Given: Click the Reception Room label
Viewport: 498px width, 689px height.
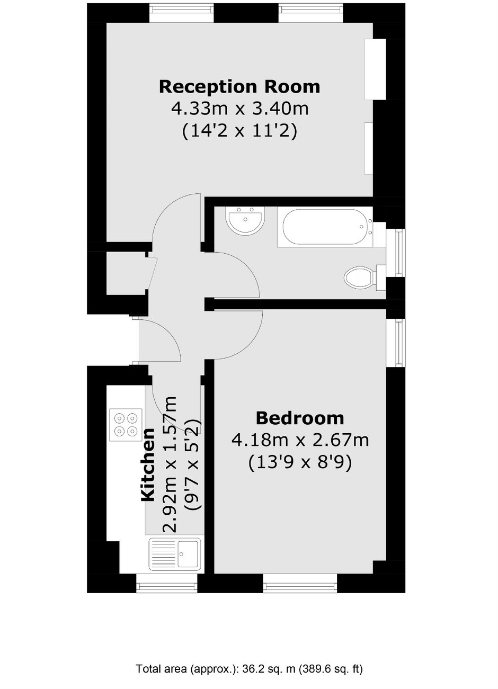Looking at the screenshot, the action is [x=239, y=87].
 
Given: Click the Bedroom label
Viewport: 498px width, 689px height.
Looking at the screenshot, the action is [x=300, y=418].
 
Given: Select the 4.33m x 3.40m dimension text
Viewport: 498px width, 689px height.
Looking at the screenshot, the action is [x=240, y=109].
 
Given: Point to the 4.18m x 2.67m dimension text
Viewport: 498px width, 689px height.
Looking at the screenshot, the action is [x=300, y=440].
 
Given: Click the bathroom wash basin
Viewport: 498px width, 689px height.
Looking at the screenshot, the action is [x=245, y=220].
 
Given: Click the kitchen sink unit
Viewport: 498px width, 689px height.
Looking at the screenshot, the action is [x=174, y=553].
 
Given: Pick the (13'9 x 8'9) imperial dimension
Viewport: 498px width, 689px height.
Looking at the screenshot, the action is [x=300, y=463].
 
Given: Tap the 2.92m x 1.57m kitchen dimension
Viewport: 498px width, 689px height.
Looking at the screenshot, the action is [x=170, y=464].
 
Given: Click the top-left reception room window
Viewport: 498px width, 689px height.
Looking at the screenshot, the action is [x=181, y=13].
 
